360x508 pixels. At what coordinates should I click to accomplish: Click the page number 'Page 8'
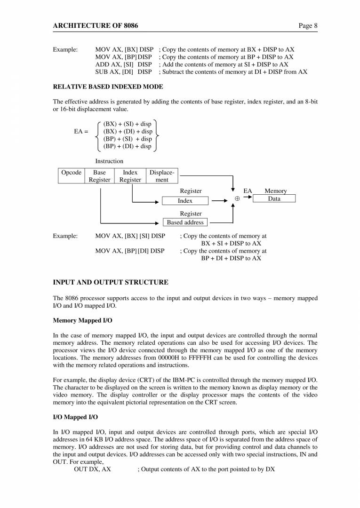pos(308,25)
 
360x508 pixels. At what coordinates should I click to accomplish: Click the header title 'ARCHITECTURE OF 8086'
pos(96,25)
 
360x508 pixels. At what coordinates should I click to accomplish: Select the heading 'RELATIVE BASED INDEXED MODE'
pos(108,87)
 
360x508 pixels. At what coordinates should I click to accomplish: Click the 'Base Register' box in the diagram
pos(100,176)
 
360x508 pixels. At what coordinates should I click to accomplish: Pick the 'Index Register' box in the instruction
pos(130,176)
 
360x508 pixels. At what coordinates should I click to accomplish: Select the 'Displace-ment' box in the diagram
pos(162,176)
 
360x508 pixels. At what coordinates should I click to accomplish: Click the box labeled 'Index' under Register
pos(185,201)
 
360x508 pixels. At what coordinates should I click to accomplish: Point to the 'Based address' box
pos(185,222)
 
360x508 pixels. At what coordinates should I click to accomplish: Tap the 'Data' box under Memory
pos(274,199)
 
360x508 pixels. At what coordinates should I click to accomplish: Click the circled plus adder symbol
pos(237,199)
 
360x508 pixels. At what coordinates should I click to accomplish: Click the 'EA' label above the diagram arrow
pos(248,191)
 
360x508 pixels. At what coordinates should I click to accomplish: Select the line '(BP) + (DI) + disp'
pos(127,146)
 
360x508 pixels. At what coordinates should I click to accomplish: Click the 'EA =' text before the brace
pos(81,132)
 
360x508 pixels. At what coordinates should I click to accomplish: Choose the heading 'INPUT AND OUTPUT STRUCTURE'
pos(111,282)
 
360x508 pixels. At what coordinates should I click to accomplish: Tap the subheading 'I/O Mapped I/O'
pos(75,417)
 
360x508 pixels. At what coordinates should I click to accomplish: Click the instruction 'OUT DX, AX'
pos(92,469)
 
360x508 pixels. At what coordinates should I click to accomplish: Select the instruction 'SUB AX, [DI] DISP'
pos(123,72)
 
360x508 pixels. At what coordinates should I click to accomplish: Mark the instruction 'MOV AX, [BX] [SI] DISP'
pos(130,236)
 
